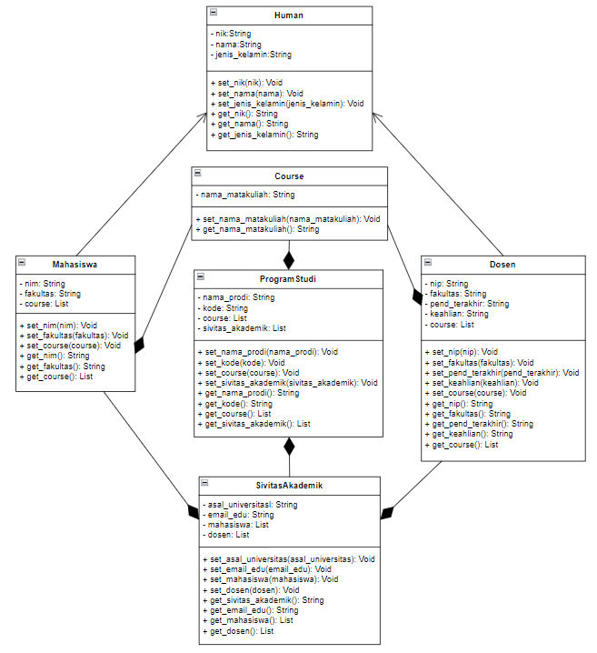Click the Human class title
289,15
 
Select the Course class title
289,176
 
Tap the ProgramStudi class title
287,278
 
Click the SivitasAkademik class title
290,485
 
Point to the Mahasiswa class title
75,265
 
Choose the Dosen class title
502,265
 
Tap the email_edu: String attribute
240,515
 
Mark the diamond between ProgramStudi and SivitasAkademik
289,447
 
